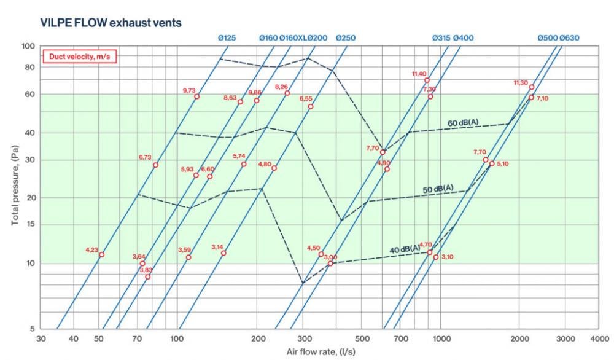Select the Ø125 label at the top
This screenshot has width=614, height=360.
click(227, 38)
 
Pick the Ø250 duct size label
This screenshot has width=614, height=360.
click(346, 38)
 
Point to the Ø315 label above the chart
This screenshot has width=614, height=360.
click(441, 38)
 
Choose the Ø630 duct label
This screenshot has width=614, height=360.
click(569, 38)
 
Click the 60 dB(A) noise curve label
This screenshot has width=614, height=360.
click(462, 123)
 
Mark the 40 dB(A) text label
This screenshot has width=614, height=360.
click(405, 249)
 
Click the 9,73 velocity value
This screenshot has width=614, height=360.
click(188, 90)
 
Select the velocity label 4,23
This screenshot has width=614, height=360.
click(91, 249)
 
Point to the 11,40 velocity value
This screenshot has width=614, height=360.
click(419, 74)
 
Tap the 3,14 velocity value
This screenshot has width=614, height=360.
click(217, 246)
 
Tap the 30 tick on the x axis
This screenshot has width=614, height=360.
click(41, 339)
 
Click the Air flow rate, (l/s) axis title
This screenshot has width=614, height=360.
click(321, 352)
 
